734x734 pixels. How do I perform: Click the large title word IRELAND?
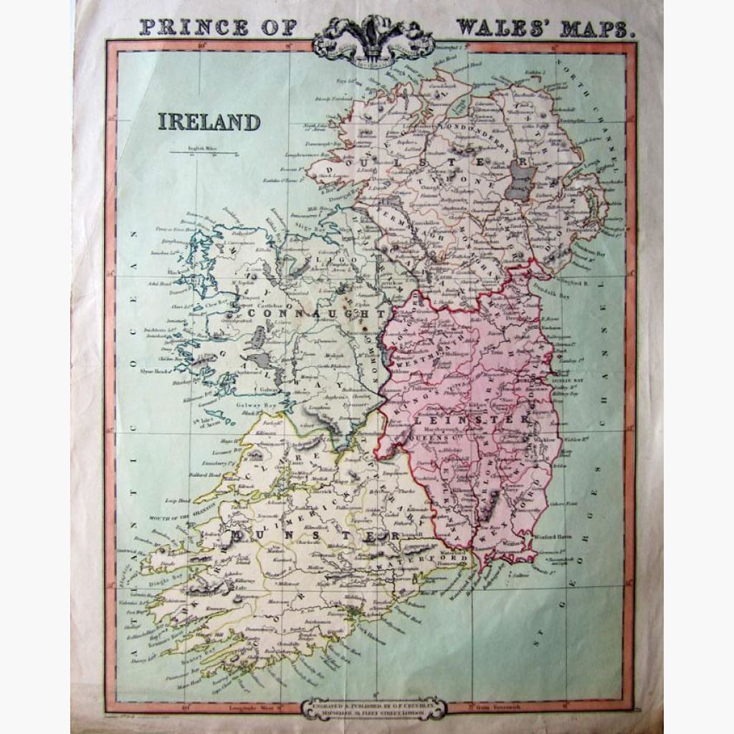click(x=209, y=122)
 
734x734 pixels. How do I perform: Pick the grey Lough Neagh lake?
click(x=521, y=178)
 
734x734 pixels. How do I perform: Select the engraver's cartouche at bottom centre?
click(x=372, y=707)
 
